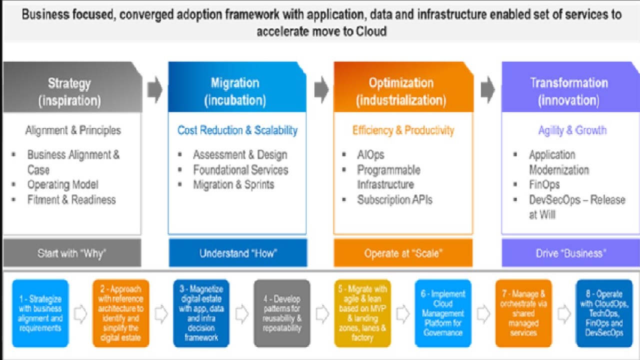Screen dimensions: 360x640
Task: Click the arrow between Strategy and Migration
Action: (x=155, y=90)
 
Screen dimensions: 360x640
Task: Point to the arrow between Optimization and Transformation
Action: (x=487, y=90)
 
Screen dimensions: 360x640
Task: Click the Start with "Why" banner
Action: (x=72, y=253)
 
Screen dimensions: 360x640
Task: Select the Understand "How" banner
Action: (x=238, y=253)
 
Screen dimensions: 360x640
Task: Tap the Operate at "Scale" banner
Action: (x=403, y=253)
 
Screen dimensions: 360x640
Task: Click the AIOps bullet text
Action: (x=370, y=155)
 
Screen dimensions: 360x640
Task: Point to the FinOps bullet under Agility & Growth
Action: (x=544, y=184)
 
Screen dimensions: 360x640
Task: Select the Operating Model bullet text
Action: (x=62, y=184)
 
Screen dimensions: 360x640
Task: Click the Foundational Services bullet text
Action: (x=240, y=170)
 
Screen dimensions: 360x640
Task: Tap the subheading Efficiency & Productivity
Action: (x=403, y=130)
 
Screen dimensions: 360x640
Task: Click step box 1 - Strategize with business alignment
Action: (x=40, y=313)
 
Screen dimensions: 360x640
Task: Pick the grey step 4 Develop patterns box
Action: (x=282, y=313)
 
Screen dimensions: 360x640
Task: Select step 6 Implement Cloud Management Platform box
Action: (x=443, y=313)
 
